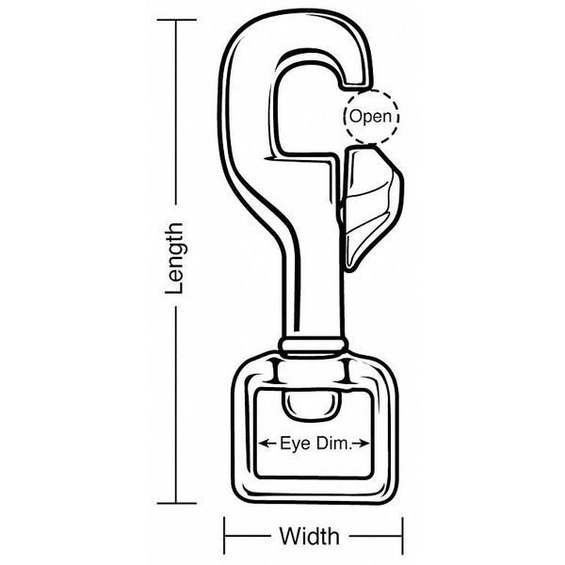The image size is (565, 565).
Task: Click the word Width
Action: tap(309, 537)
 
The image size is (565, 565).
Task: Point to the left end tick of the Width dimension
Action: tap(225, 537)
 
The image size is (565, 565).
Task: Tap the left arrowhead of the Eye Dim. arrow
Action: tap(260, 441)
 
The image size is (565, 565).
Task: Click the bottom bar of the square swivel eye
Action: tap(310, 489)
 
